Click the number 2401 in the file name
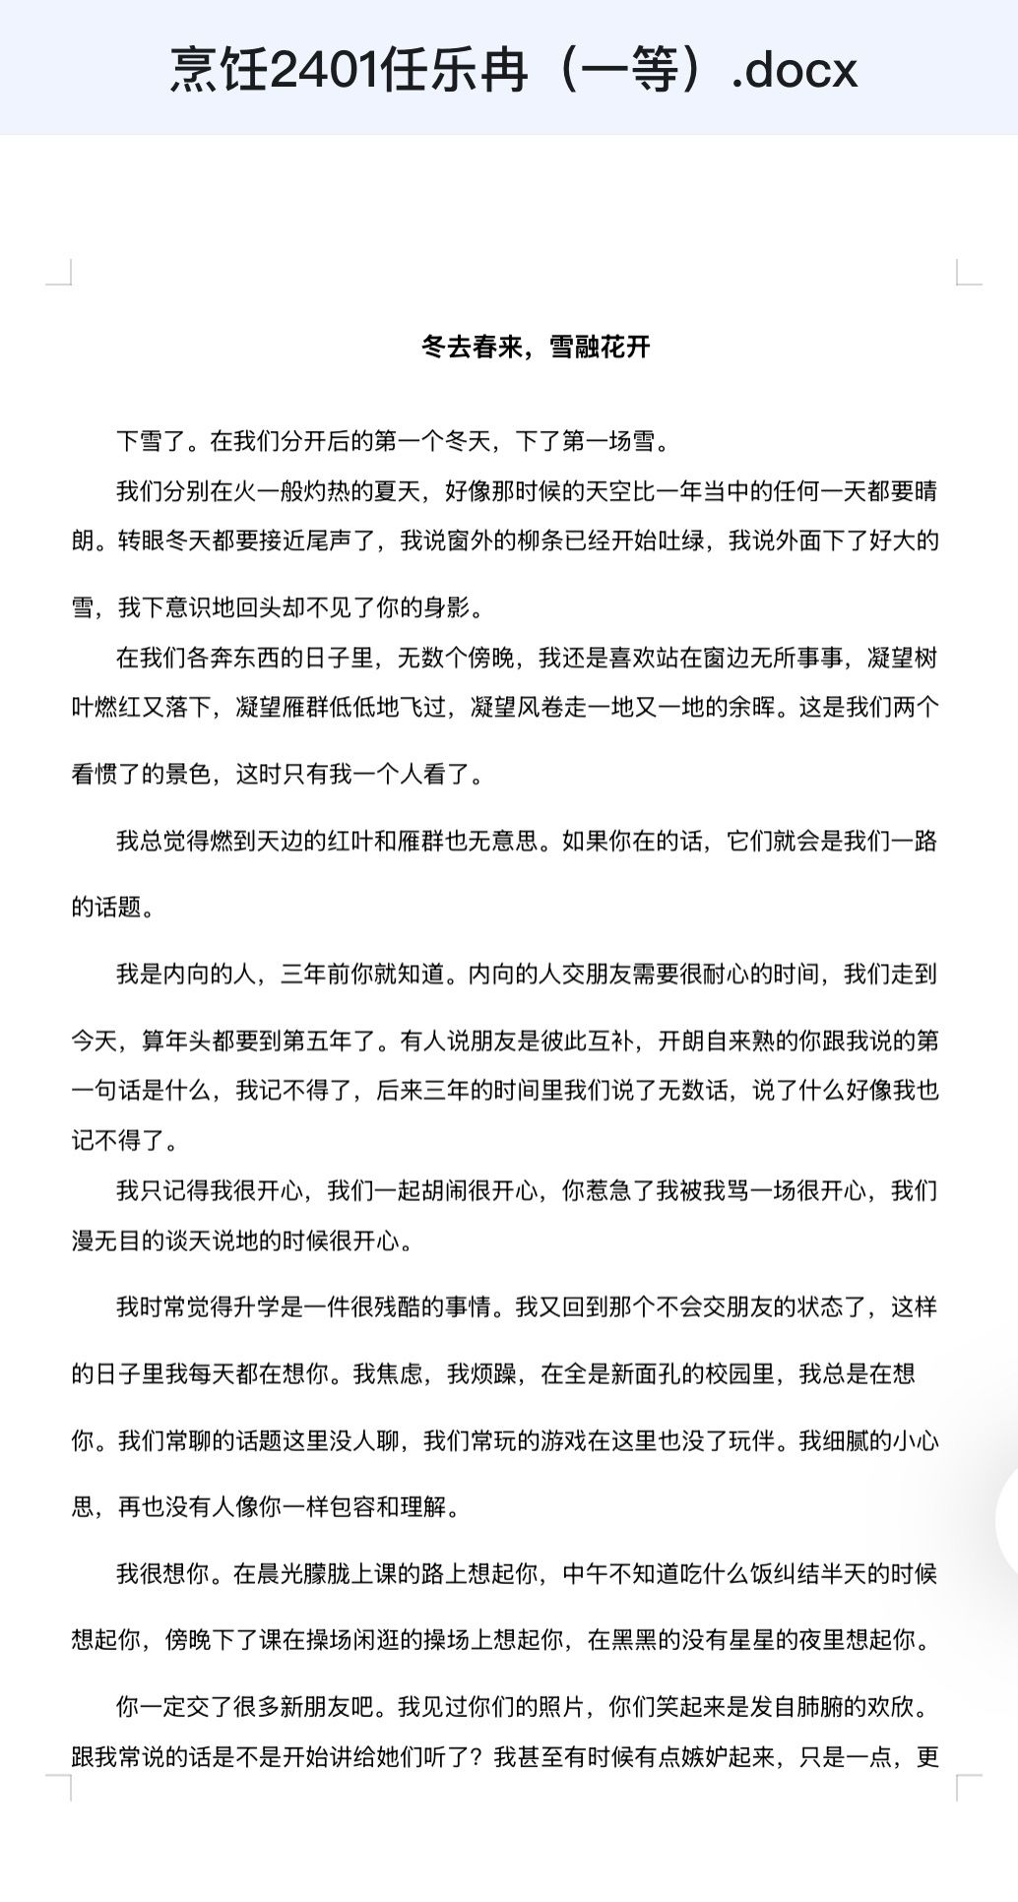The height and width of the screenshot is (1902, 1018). point(325,69)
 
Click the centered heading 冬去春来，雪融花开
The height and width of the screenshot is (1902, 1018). point(536,347)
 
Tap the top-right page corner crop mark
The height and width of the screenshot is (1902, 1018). point(969,272)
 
